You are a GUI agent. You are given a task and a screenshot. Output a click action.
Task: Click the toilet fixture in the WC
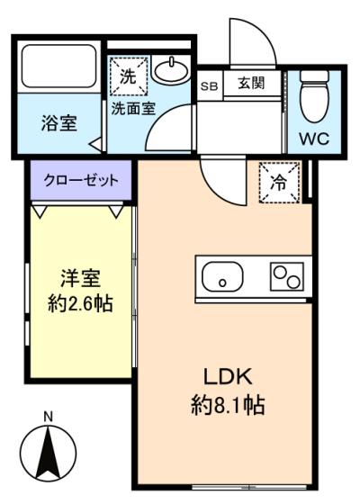[x=314, y=96]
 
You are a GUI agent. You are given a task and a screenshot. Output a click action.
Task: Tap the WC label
[x=314, y=139]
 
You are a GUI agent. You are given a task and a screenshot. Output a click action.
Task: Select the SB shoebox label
[x=209, y=86]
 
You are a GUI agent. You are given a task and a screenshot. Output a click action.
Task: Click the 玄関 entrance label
[x=251, y=84]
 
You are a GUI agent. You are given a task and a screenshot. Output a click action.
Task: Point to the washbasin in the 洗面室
[x=170, y=70]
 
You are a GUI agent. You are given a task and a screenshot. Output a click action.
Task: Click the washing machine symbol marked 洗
[x=129, y=76]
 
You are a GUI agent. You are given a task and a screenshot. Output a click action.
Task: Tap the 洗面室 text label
[x=133, y=109]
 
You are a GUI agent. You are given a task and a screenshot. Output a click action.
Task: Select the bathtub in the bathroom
[x=59, y=67]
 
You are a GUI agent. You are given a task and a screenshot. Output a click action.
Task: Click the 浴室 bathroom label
[x=59, y=123]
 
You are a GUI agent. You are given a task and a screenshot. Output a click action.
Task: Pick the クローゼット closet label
[x=81, y=180]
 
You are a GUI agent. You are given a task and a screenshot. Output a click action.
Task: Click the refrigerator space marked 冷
[x=279, y=183]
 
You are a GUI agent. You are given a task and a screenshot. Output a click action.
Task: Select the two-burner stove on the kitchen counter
[x=287, y=276]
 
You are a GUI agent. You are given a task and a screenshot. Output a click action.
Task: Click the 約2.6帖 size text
[x=80, y=303]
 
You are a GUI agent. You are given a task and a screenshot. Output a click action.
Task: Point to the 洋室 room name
[x=81, y=278]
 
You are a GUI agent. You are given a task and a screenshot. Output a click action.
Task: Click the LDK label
[x=228, y=377]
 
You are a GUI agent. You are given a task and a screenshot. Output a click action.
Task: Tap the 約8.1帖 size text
[x=228, y=405]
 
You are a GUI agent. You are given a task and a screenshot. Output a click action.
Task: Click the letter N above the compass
[x=49, y=417]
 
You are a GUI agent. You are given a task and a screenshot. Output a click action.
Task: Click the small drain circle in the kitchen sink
[x=222, y=283]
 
